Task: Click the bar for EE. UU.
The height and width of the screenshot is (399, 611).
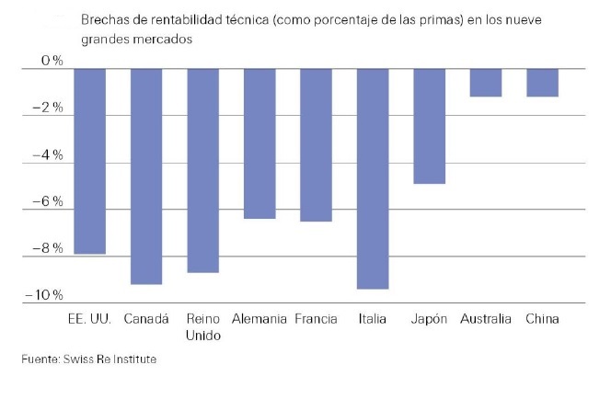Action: click(90, 161)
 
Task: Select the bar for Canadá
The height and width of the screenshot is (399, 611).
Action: click(146, 176)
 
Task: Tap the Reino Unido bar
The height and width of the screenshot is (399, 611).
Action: click(202, 170)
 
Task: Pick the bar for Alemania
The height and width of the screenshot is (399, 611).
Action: click(259, 143)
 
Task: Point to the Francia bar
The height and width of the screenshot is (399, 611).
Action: click(316, 144)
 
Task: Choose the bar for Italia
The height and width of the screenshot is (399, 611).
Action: click(373, 178)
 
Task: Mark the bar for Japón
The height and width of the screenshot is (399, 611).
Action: click(429, 126)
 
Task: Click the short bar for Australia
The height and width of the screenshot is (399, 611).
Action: click(486, 82)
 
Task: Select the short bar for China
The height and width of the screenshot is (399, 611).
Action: click(542, 82)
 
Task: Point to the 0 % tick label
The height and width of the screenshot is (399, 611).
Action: click(52, 62)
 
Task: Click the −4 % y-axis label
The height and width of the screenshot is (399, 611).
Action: click(47, 155)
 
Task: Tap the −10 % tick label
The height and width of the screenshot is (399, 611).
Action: click(44, 295)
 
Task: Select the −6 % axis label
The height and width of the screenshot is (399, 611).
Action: click(47, 202)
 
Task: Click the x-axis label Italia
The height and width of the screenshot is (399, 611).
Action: click(373, 319)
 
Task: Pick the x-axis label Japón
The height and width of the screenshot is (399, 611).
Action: click(430, 319)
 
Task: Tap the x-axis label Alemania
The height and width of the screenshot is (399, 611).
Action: click(259, 319)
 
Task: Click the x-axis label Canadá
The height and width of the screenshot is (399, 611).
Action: click(146, 319)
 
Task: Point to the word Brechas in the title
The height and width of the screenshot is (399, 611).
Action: click(105, 19)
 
